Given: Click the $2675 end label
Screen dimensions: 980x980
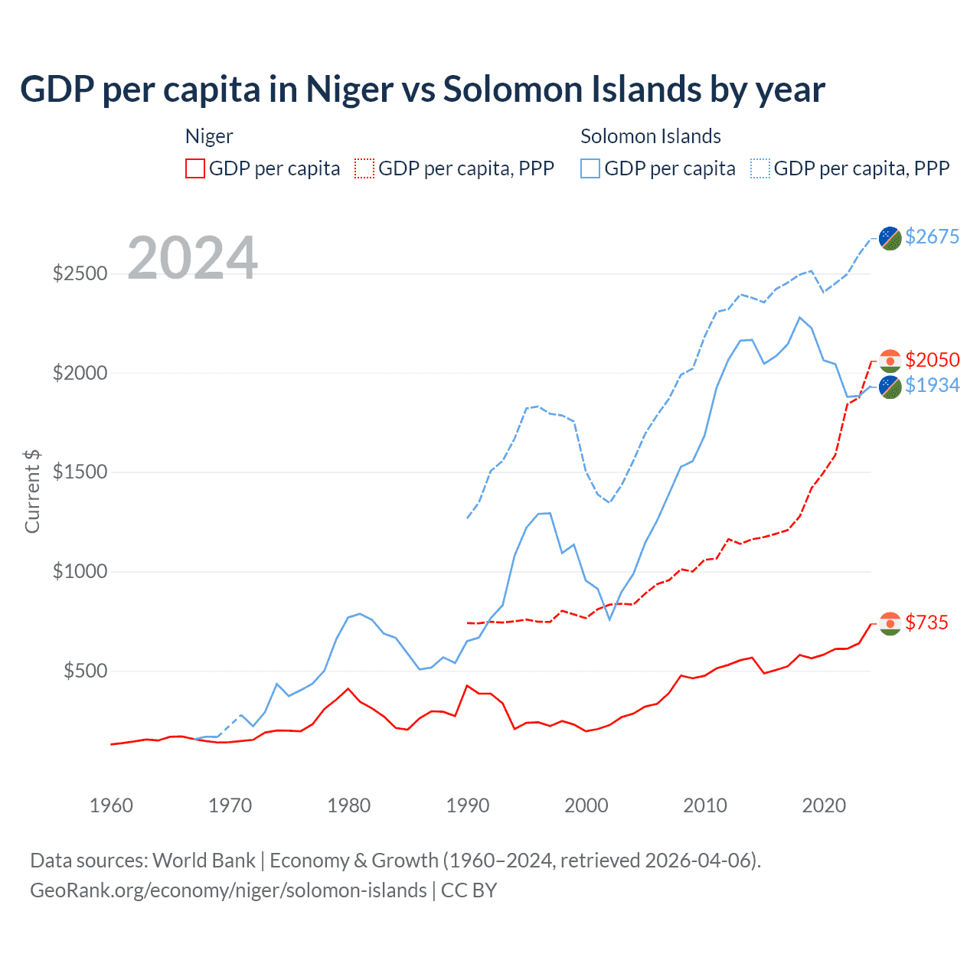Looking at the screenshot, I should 932,237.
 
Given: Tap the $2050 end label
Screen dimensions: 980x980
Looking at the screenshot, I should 932,360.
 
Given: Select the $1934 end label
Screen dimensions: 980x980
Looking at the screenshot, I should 932,385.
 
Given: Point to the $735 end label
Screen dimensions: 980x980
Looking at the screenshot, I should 926,622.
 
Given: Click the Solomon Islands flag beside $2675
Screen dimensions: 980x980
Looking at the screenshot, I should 890,238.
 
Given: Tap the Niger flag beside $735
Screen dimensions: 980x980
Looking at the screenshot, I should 890,624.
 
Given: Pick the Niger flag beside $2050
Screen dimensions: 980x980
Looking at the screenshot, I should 890,361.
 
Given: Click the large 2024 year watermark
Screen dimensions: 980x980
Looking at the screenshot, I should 192,258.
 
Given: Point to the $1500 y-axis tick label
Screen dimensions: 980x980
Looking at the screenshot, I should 80,472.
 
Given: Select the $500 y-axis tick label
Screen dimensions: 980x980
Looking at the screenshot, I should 85,671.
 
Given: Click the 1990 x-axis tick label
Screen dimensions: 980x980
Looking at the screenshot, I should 468,805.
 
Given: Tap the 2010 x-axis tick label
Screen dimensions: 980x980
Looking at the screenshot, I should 705,805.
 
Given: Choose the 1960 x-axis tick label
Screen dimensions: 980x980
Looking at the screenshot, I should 112,805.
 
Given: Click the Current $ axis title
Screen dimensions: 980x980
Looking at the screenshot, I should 32,492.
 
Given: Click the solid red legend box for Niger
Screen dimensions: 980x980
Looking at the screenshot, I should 195,168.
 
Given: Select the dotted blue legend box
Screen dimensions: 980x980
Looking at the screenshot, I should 760,168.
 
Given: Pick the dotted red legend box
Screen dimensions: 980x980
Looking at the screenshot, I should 364,168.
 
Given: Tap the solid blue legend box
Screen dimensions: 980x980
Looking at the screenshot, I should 590,168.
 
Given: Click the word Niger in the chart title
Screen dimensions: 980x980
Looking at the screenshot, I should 349,90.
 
